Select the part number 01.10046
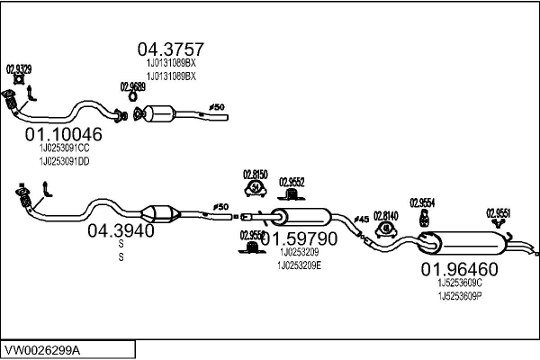coord(63,134)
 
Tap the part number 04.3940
coord(121,231)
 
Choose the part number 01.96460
coord(459,268)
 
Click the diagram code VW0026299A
coord(42,348)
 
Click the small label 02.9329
coord(20,68)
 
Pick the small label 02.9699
coord(132,86)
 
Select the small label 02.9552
coord(292,180)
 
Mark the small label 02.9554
coord(422,202)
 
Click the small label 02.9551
coord(499,213)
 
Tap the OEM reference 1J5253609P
coord(461,295)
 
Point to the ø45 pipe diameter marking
coord(361,219)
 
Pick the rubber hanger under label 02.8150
coord(256,188)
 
